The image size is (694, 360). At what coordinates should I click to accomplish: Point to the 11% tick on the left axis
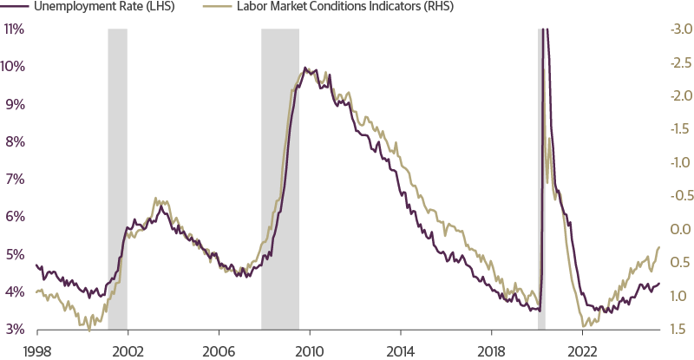coord(14,29)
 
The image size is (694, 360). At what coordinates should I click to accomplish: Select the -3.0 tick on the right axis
coord(678,29)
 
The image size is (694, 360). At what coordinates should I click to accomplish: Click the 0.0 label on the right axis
coord(679,230)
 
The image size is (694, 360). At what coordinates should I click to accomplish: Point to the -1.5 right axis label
coord(678,129)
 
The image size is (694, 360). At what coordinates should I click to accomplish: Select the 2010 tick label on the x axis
coord(309,350)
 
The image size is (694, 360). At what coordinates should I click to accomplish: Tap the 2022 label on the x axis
coord(582,350)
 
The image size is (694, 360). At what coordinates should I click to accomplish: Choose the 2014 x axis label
coord(400,350)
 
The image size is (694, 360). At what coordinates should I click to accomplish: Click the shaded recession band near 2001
coord(117,173)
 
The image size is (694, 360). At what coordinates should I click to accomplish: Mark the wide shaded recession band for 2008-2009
coord(280,173)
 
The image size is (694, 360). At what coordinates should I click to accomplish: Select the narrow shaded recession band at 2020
coord(542,173)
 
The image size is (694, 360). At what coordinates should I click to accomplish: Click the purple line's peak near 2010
coord(305,68)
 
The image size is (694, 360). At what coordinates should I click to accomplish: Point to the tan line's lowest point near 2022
coord(585,326)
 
